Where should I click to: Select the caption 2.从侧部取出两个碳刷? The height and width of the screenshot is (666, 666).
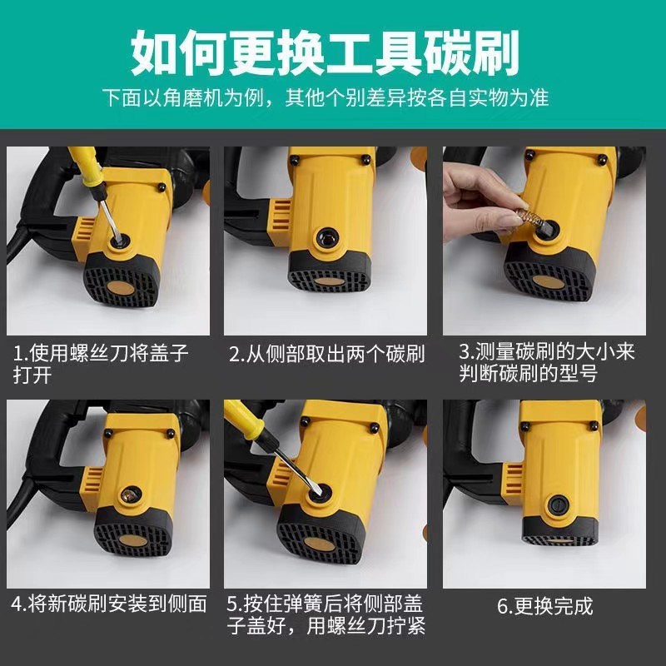pyautogui.click(x=327, y=355)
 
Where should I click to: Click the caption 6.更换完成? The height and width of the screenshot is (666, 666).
pyautogui.click(x=545, y=606)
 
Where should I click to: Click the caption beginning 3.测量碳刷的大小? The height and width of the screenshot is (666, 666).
pyautogui.click(x=545, y=364)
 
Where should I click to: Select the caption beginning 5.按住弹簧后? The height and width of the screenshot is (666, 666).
pyautogui.click(x=327, y=615)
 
